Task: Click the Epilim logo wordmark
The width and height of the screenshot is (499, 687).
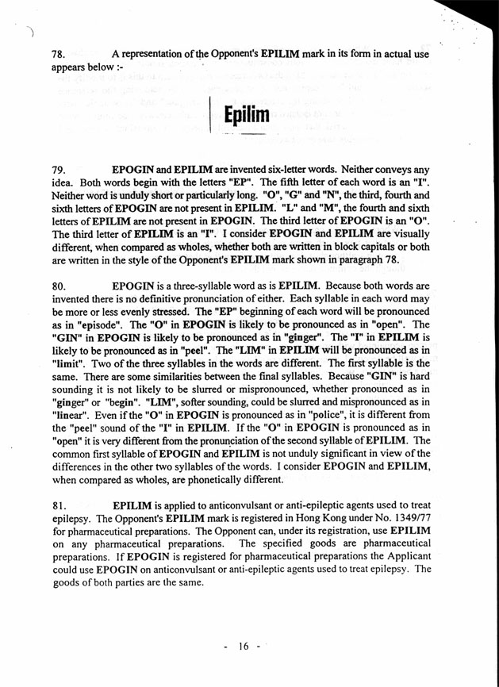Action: [247, 118]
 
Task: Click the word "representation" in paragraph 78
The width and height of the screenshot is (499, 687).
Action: [155, 56]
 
